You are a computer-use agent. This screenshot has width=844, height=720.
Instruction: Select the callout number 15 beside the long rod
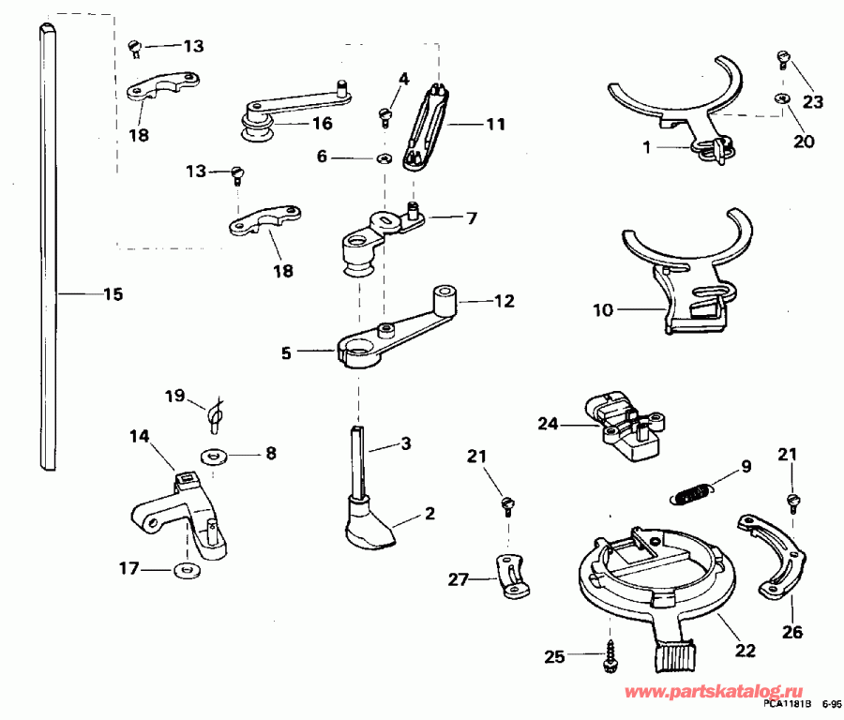tap(113, 294)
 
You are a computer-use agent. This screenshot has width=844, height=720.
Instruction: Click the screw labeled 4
tap(384, 115)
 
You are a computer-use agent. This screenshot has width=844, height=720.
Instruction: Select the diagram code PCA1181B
tap(786, 703)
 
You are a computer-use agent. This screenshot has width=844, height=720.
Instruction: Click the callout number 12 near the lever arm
tap(505, 302)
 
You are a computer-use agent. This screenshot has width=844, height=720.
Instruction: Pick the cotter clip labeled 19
tap(215, 413)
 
